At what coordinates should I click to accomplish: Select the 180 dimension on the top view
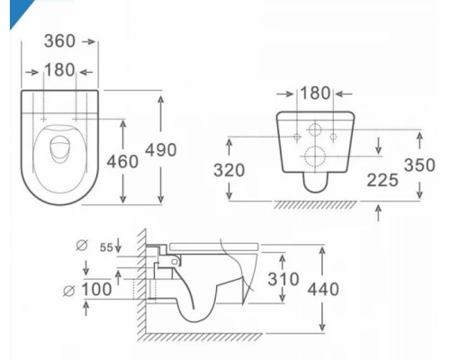click(x=60, y=70)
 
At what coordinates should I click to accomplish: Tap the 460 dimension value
click(x=121, y=161)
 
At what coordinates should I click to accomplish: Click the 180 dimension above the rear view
click(x=314, y=94)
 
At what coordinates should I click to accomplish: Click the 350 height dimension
click(x=420, y=166)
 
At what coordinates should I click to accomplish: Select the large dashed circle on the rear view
click(x=314, y=156)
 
